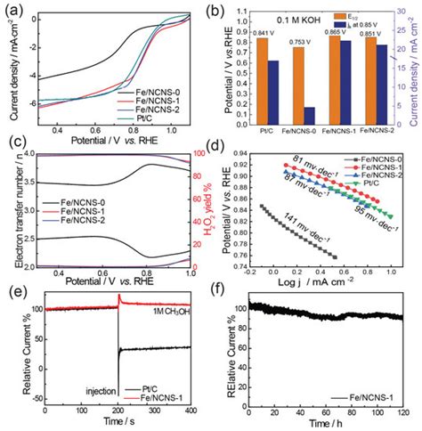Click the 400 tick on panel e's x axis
coord(192,417)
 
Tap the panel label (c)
coord(13,148)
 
